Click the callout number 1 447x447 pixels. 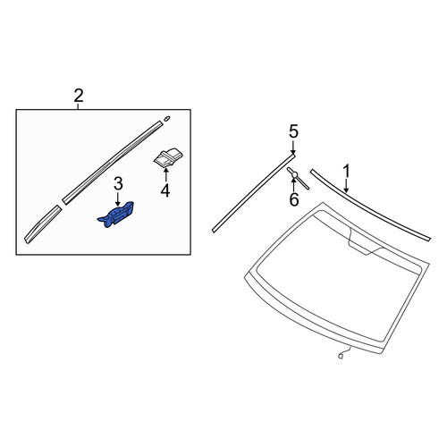click(346, 172)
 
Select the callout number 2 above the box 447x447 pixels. click(79, 96)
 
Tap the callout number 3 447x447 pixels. click(118, 183)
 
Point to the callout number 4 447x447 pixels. click(165, 190)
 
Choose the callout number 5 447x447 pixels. click(293, 131)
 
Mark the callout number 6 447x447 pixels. click(294, 199)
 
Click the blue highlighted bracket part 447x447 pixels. click(115, 215)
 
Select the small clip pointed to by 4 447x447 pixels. click(168, 157)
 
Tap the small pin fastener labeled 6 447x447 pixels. click(298, 178)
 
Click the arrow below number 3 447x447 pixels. click(118, 198)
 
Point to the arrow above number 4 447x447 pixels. click(165, 175)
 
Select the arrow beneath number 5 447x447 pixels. click(293, 148)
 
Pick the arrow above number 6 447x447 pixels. click(294, 185)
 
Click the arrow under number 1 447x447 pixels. click(346, 186)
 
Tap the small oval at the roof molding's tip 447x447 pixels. click(167, 118)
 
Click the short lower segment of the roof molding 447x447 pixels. click(43, 224)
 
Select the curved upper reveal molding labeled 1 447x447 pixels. click(370, 205)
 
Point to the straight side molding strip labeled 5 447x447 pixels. click(254, 192)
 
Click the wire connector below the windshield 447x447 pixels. click(344, 353)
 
